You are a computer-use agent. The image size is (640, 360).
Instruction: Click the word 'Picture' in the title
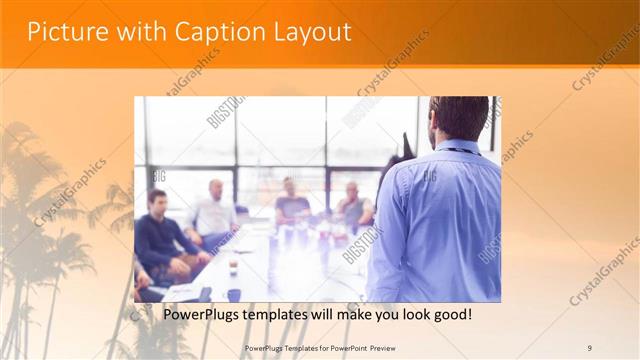62,31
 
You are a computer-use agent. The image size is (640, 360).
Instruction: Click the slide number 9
589,347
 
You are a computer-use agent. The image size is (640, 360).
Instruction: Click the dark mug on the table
233,295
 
